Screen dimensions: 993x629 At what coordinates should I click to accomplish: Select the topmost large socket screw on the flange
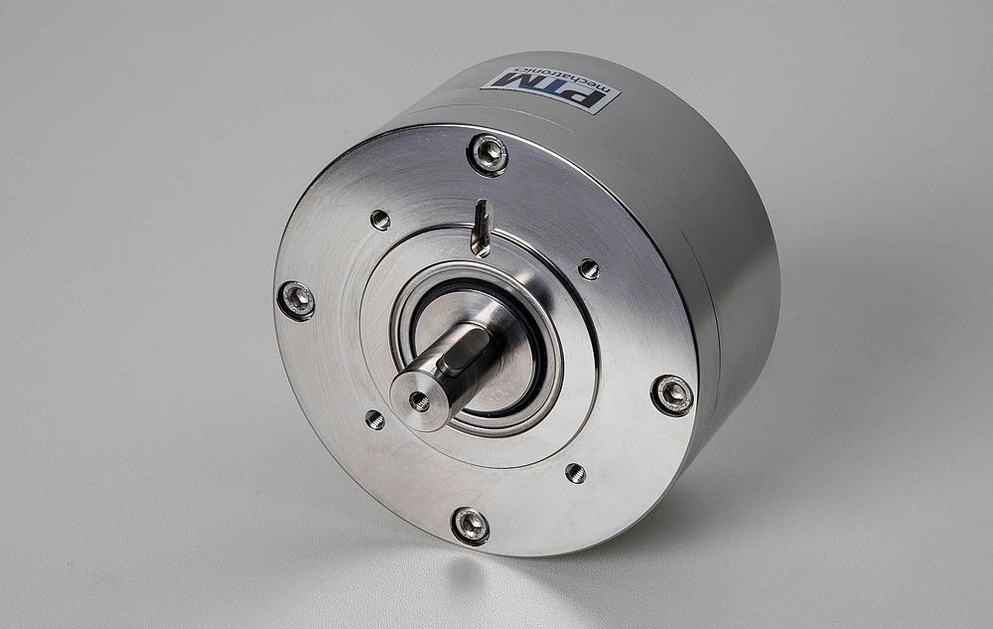click(x=488, y=153)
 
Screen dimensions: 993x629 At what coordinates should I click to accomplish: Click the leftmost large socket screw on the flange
click(x=296, y=300)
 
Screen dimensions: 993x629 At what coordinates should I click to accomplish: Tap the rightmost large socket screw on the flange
click(x=672, y=394)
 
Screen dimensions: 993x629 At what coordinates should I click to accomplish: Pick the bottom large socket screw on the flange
click(x=470, y=525)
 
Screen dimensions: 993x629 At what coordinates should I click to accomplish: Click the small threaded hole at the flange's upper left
click(x=380, y=220)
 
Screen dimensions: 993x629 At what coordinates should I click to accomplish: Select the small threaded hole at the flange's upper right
click(x=590, y=268)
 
